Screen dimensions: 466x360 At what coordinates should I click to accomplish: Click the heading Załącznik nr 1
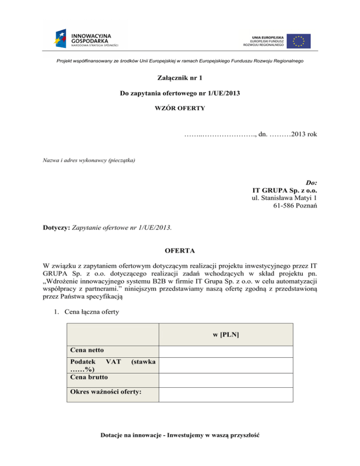pos(180,78)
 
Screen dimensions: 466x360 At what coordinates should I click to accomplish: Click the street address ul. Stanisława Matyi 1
pos(285,199)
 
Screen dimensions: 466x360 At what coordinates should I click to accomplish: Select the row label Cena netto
pos(87,350)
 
